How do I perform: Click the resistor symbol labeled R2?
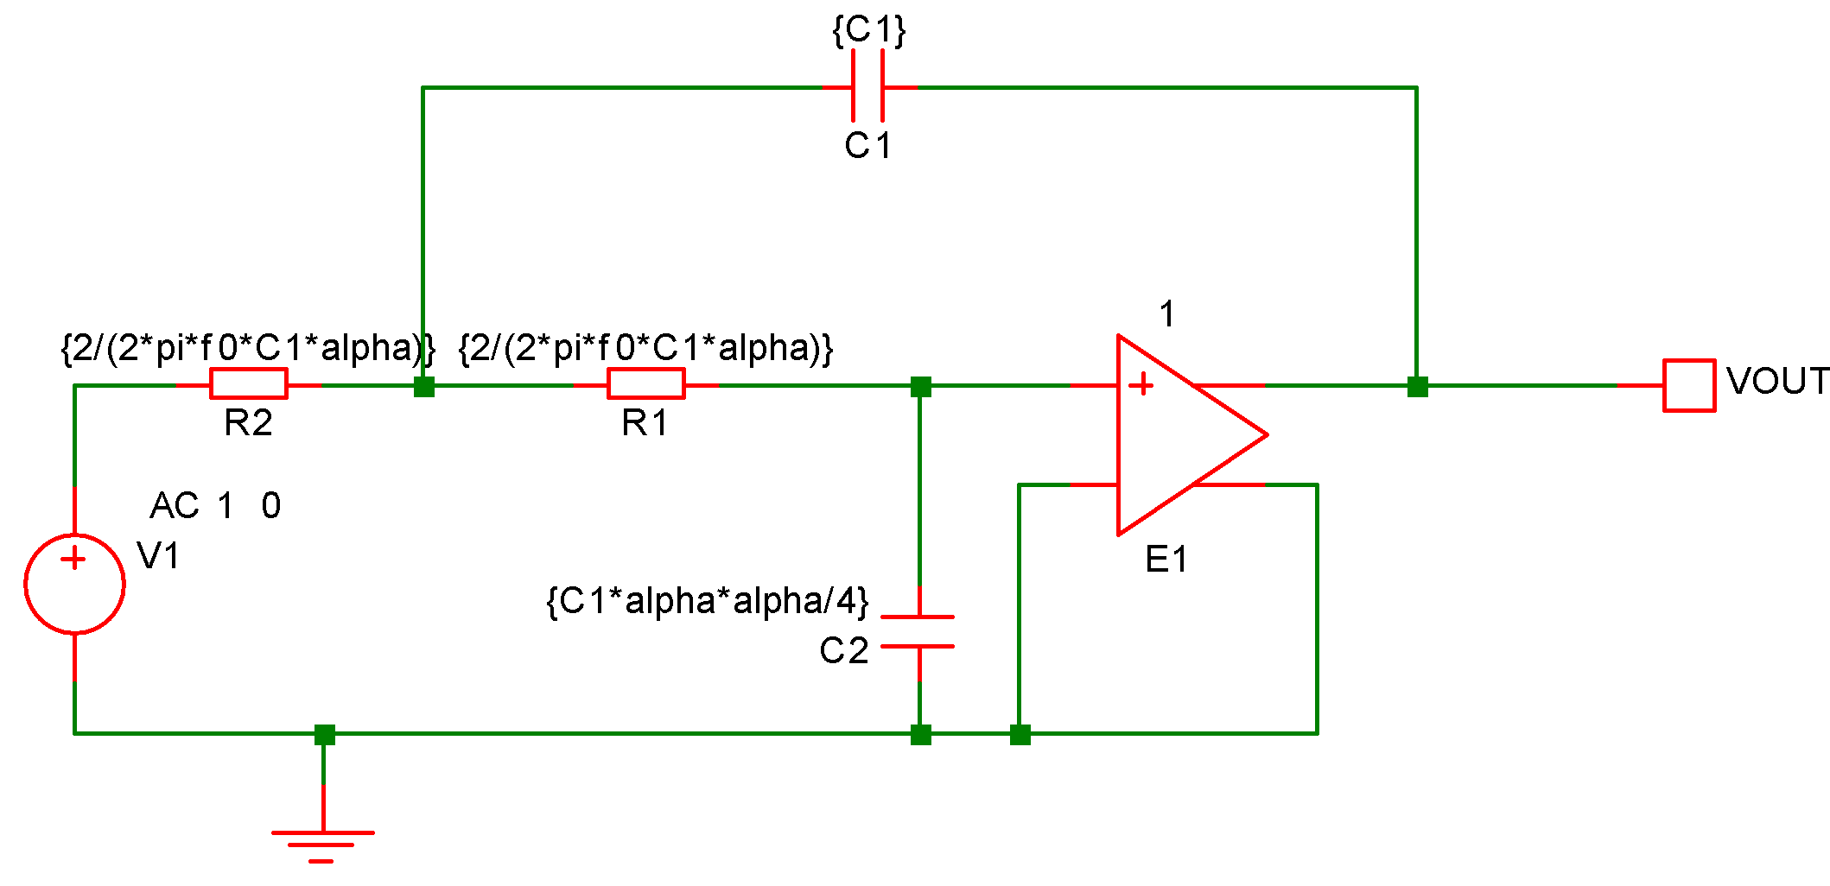pyautogui.click(x=249, y=383)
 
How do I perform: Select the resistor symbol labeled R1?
pyautogui.click(x=646, y=383)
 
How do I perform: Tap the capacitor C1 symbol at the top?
pyautogui.click(x=867, y=86)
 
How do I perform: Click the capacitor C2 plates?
pyautogui.click(x=918, y=631)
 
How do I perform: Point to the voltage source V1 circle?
pyautogui.click(x=75, y=584)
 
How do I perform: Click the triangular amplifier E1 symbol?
pyautogui.click(x=1184, y=435)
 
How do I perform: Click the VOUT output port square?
pyautogui.click(x=1689, y=385)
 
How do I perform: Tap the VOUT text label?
pyautogui.click(x=1776, y=381)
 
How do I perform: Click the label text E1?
pyautogui.click(x=1166, y=560)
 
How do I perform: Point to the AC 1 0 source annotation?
pyautogui.click(x=215, y=505)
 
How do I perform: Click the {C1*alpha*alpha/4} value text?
pyautogui.click(x=708, y=600)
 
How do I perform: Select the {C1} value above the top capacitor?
pyautogui.click(x=868, y=30)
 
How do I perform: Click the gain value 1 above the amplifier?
pyautogui.click(x=1167, y=314)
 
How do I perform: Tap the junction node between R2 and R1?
pyautogui.click(x=423, y=386)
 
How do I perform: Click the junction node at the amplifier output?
pyautogui.click(x=1417, y=386)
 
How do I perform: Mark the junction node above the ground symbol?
pyautogui.click(x=324, y=734)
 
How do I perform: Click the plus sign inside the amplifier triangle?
pyautogui.click(x=1141, y=384)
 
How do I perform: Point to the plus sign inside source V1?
pyautogui.click(x=74, y=559)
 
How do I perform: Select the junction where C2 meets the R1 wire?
pyautogui.click(x=920, y=386)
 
